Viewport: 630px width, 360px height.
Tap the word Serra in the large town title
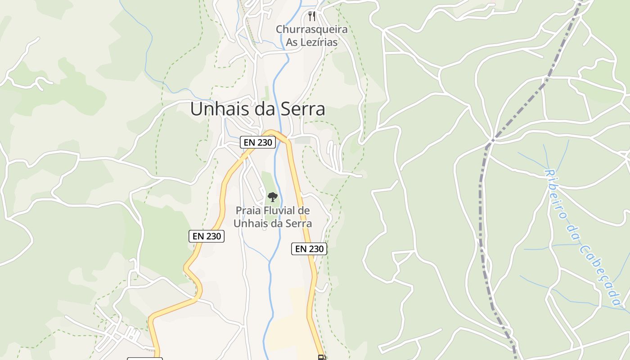click(303, 109)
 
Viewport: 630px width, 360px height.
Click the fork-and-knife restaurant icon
click(311, 16)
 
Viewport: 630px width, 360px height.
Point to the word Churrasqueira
click(311, 30)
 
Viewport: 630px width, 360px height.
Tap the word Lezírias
click(318, 42)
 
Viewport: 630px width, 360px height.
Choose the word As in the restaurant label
click(292, 42)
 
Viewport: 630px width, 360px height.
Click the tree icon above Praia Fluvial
click(272, 197)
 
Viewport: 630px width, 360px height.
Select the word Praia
click(249, 210)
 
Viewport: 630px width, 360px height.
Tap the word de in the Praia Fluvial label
click(305, 210)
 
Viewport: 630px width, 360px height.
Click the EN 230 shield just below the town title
click(257, 142)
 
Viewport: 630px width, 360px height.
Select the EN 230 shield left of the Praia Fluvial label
click(206, 236)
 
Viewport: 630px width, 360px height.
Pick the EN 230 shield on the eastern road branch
click(309, 248)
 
